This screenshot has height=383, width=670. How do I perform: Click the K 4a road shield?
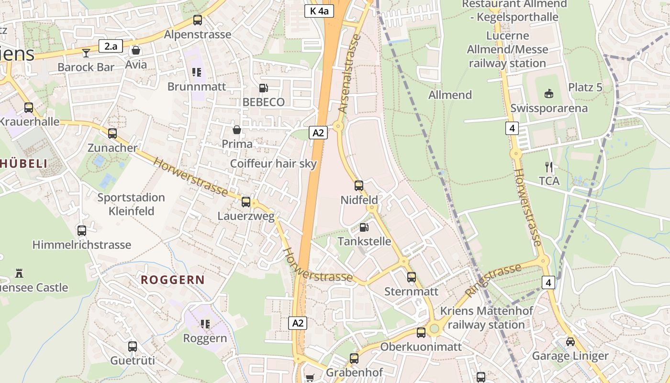[319, 11]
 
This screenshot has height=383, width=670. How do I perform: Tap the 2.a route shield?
[111, 46]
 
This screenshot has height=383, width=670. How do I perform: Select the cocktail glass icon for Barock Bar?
[86, 52]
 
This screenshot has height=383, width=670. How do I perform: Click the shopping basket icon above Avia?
[136, 50]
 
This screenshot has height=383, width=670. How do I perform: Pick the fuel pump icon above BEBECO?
[263, 88]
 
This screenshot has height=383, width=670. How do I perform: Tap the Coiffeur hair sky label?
[273, 164]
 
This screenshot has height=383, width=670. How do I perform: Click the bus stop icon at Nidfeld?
[359, 185]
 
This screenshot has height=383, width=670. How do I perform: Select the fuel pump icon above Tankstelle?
[364, 227]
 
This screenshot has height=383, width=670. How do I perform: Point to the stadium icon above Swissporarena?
[549, 94]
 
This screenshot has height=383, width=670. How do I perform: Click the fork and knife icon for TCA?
[549, 167]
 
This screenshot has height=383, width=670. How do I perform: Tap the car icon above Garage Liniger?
[570, 342]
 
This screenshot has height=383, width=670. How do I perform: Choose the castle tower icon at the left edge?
[19, 273]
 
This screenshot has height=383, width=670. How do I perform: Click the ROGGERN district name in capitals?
[173, 280]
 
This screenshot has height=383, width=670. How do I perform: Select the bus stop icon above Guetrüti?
[133, 346]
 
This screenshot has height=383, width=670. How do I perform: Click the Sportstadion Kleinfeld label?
[131, 204]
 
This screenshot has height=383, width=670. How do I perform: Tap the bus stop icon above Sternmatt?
[412, 277]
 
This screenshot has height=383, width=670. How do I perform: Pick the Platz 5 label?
[585, 88]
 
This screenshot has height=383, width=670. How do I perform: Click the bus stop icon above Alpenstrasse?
[197, 20]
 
